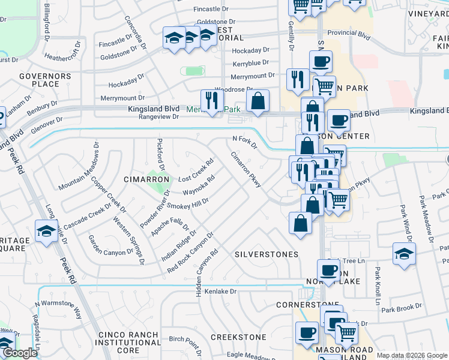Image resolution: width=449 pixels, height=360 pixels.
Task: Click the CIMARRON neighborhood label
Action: [143, 179]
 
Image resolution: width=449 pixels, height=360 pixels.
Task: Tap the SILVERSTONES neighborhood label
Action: [266, 254]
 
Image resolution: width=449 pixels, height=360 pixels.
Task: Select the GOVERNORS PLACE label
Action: [39, 80]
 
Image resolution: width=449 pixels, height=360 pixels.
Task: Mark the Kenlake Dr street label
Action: [221, 292]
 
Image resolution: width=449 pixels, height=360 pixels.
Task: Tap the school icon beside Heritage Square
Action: [46, 232]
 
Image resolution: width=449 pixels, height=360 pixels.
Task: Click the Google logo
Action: [20, 353]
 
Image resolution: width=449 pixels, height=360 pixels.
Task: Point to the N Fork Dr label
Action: [244, 142]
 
